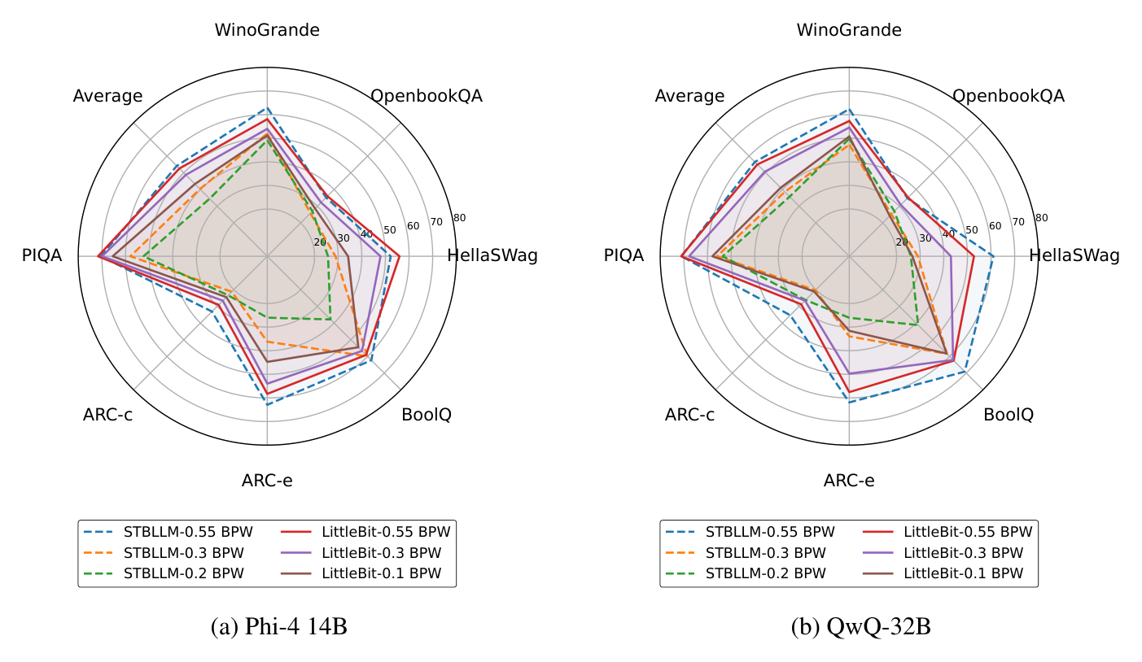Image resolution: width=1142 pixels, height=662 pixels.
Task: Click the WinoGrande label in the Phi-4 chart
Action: (267, 31)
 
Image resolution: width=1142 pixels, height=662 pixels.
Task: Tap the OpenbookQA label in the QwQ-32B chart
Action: (1008, 96)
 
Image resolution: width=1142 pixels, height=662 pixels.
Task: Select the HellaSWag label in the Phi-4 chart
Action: (492, 255)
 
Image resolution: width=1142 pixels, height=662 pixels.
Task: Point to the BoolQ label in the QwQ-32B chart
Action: (1009, 415)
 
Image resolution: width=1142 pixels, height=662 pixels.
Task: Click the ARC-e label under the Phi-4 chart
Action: (267, 481)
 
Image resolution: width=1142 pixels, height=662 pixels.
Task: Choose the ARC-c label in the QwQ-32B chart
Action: (689, 415)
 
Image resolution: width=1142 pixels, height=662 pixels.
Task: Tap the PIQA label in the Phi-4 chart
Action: (42, 255)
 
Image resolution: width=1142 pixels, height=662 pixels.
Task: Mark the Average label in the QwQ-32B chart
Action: (689, 96)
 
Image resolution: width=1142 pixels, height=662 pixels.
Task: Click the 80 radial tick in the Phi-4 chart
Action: (459, 218)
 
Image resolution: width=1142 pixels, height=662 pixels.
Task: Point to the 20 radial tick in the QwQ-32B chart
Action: (902, 242)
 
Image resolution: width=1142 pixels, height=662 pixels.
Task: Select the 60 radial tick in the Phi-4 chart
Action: (413, 226)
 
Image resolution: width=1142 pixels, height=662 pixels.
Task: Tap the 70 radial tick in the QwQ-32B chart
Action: (1018, 222)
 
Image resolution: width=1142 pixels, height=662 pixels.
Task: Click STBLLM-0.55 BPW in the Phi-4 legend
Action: (188, 532)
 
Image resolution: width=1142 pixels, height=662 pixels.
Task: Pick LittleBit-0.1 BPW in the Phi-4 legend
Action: (382, 573)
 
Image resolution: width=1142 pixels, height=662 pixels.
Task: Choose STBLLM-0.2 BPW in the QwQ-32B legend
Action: (766, 573)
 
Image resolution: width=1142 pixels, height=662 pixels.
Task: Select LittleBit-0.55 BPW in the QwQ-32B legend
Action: (968, 532)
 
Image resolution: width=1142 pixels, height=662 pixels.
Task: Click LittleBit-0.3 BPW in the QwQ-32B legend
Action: (964, 553)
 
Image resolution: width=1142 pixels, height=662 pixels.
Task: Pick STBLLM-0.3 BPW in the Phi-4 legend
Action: (184, 553)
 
